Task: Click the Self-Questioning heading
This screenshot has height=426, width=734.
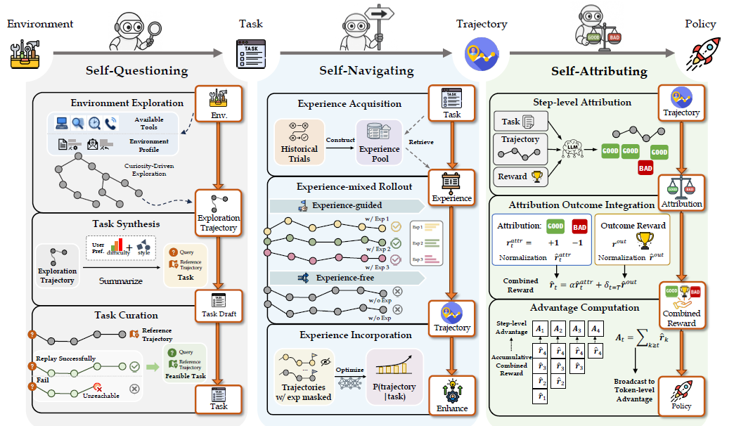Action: (137, 70)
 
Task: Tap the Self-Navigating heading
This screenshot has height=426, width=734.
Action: (366, 70)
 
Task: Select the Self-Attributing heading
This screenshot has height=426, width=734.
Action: (600, 70)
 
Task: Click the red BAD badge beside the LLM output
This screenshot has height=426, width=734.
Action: (645, 168)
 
